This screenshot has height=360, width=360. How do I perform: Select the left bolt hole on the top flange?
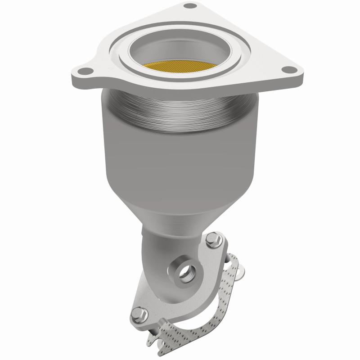[84, 71]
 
